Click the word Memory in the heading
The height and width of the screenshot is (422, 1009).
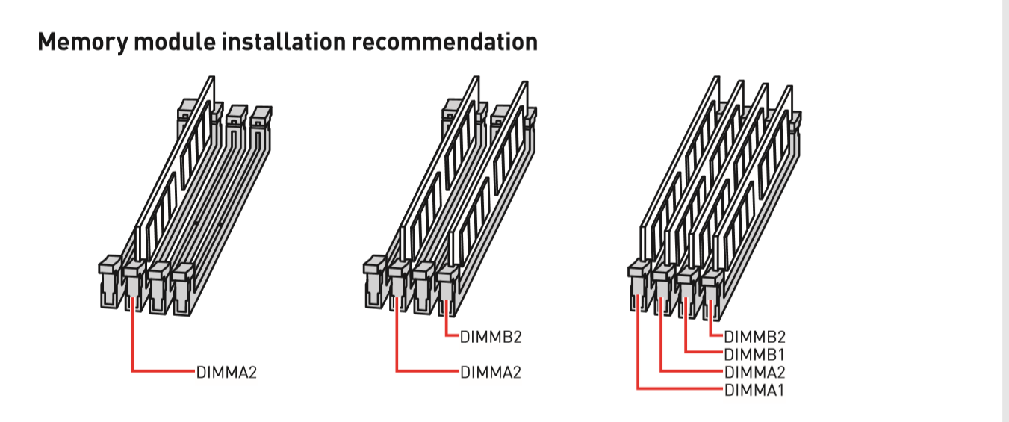point(84,43)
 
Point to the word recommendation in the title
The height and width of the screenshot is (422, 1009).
point(444,41)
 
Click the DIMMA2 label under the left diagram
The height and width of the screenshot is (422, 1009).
point(226,373)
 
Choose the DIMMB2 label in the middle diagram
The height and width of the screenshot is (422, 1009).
point(491,337)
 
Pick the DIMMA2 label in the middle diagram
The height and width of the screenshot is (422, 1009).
point(491,373)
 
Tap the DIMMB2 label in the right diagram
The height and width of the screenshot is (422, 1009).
point(754,337)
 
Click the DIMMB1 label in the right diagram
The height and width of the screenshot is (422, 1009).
point(754,355)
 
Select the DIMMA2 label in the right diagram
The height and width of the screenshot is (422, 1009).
point(754,373)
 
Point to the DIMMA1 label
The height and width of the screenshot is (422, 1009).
point(754,390)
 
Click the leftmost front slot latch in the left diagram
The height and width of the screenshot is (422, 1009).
point(110,282)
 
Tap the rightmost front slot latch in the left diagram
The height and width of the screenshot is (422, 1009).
point(183,289)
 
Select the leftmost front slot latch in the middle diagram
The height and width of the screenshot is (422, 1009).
point(374,282)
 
